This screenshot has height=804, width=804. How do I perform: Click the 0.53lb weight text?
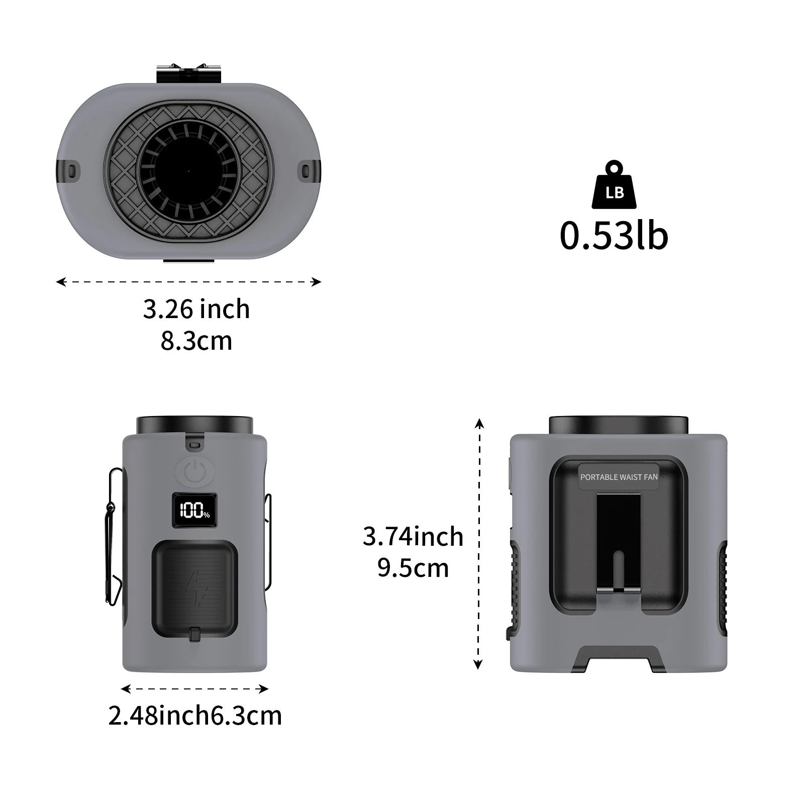click(614, 236)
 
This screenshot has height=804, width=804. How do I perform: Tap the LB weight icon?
click(614, 185)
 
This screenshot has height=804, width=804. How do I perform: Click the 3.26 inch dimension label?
click(196, 309)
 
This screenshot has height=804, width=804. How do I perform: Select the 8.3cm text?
click(196, 341)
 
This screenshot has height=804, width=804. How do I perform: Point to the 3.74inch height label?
click(413, 537)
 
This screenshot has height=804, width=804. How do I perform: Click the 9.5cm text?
click(413, 568)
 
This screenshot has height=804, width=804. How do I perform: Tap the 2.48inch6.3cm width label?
click(195, 716)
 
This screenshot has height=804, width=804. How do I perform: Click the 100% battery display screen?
click(194, 511)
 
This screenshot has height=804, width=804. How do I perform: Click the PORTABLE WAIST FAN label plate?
click(619, 477)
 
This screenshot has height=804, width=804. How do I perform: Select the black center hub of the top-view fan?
click(188, 171)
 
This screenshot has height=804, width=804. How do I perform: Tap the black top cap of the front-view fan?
click(194, 425)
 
